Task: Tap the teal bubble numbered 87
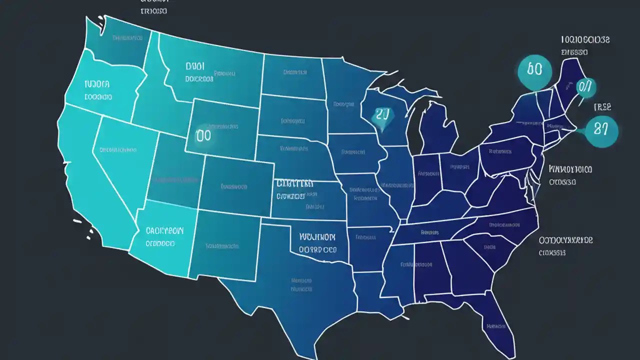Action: tap(601, 131)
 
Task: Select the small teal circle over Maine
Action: tap(586, 88)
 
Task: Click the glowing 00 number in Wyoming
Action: tap(204, 134)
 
